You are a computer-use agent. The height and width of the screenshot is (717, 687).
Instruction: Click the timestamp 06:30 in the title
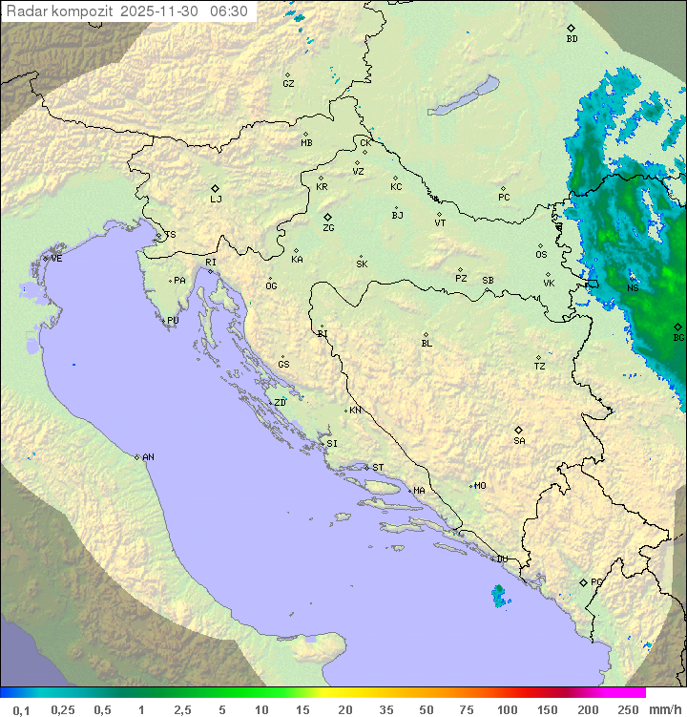(x=229, y=11)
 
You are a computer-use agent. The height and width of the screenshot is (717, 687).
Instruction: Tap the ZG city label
(x=328, y=229)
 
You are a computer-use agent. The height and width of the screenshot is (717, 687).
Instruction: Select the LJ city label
(x=216, y=200)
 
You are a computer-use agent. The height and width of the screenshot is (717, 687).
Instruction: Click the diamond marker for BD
(x=571, y=28)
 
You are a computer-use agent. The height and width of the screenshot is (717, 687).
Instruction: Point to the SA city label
(x=519, y=441)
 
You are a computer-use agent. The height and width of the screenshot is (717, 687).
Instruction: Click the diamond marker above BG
(x=677, y=327)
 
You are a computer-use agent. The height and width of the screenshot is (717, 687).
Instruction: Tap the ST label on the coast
(x=378, y=468)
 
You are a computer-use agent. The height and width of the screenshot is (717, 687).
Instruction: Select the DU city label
(x=501, y=560)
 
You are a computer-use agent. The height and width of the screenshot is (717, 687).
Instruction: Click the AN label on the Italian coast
(x=148, y=457)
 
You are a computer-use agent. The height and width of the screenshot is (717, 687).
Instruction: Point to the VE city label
(x=56, y=259)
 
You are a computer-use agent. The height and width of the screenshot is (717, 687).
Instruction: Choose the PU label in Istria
(x=173, y=321)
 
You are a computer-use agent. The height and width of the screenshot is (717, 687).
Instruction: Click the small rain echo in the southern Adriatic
(x=499, y=597)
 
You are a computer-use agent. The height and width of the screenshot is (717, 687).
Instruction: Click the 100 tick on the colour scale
(x=507, y=709)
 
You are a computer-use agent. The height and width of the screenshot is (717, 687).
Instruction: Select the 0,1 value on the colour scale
(x=21, y=709)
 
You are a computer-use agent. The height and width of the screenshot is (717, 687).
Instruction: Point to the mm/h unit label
(x=661, y=709)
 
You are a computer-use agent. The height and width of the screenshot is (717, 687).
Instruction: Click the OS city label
(x=541, y=255)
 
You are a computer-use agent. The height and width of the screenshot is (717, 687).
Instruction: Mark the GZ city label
(x=288, y=84)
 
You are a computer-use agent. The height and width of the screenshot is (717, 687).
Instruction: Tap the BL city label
(x=427, y=344)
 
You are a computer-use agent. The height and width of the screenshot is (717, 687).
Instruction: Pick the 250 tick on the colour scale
(x=628, y=709)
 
